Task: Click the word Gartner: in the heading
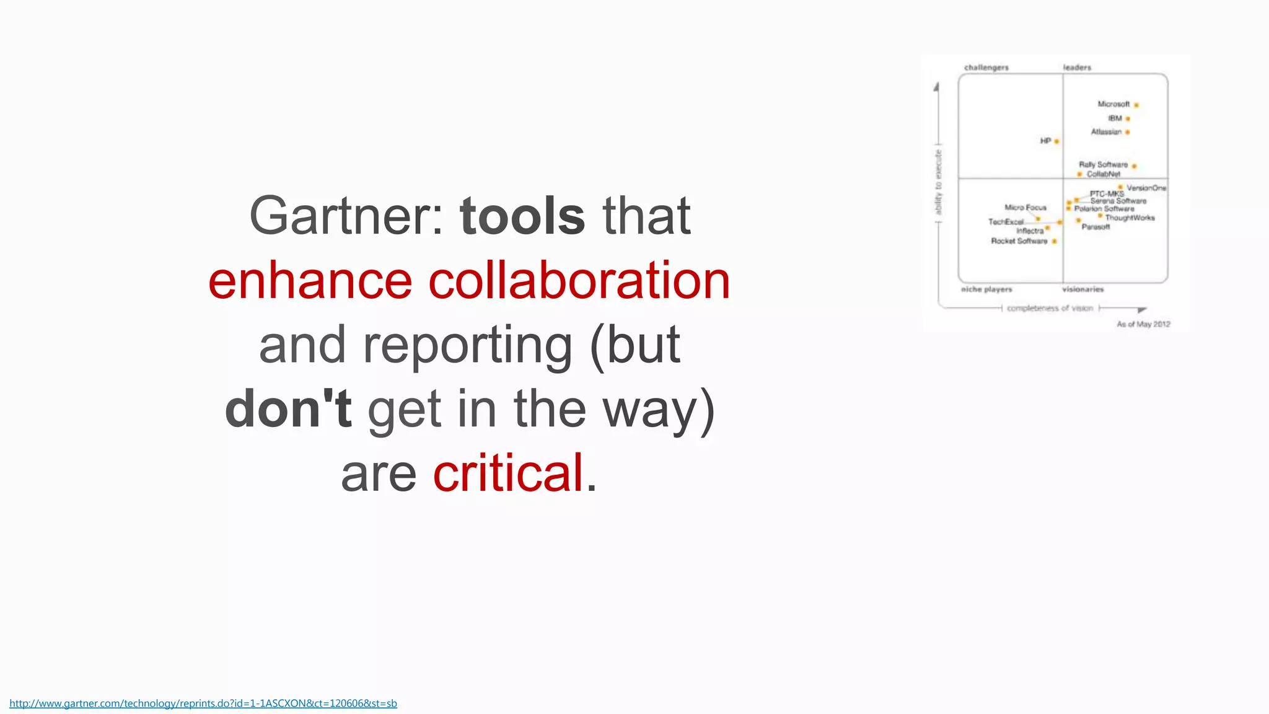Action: pos(346,216)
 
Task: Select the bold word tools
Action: pos(522,216)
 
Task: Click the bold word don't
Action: pos(288,408)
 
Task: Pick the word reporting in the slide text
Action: pos(467,345)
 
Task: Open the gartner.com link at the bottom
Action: pos(203,703)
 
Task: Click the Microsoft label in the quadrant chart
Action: pos(1113,104)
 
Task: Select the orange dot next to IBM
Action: pos(1128,118)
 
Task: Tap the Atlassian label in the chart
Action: pos(1106,132)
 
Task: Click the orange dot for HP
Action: pos(1056,141)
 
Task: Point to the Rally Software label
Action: pos(1103,165)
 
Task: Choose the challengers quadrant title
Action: pos(986,68)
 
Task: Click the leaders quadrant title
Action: pos(1077,68)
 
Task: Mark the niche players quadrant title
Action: pos(986,289)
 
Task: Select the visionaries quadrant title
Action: pos(1083,289)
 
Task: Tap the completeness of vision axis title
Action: pos(1050,308)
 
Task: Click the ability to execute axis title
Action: pos(938,182)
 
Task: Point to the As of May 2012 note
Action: pos(1143,324)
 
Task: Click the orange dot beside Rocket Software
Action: pos(1054,241)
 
